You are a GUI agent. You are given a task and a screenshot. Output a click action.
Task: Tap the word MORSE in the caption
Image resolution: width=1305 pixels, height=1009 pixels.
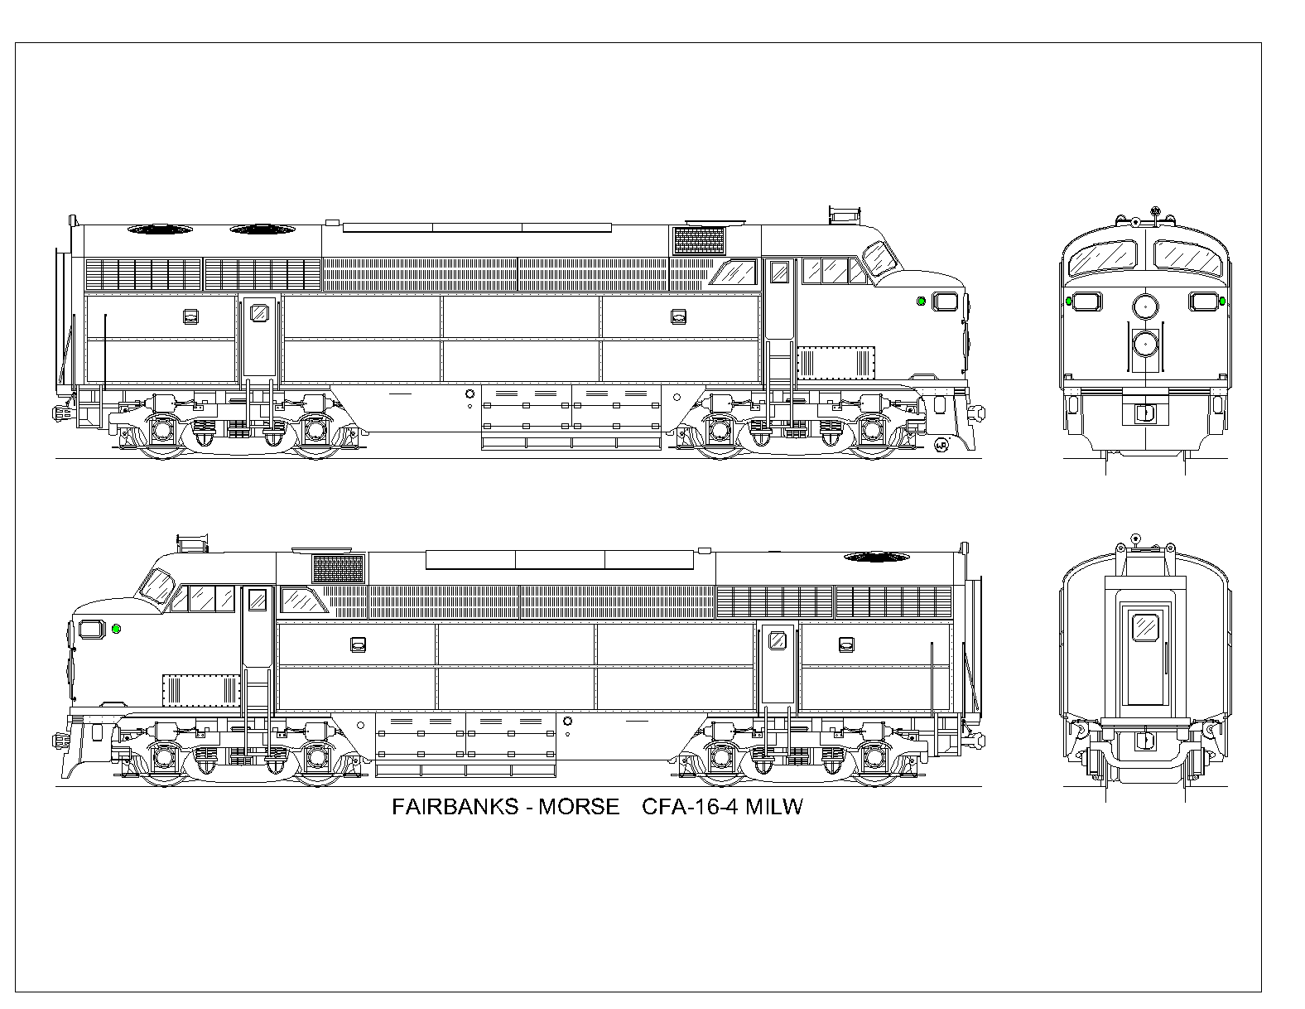tap(578, 806)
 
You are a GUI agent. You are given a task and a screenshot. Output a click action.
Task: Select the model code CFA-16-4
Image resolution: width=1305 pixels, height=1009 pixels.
tap(690, 806)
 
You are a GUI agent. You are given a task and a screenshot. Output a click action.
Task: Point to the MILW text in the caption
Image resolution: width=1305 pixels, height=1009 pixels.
tap(773, 806)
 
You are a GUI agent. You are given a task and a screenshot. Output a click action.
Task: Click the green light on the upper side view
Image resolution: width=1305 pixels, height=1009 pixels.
tap(921, 301)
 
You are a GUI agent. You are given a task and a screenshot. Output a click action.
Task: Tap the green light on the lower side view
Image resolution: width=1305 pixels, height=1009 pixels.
tap(117, 629)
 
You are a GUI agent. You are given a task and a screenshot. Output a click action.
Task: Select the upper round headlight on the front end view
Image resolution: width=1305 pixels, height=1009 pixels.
tap(1146, 307)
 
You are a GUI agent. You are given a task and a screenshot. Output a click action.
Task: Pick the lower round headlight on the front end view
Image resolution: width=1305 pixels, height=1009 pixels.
tap(1146, 344)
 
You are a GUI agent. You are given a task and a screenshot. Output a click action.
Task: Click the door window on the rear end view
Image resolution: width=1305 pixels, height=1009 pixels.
tap(1145, 627)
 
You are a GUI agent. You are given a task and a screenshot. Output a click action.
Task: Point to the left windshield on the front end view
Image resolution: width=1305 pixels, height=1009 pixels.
tap(1103, 258)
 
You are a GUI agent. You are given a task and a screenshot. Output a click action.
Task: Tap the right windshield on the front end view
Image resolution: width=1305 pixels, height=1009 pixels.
tap(1188, 258)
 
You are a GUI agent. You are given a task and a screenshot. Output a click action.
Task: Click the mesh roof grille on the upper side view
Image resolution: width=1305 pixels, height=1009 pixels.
tap(699, 240)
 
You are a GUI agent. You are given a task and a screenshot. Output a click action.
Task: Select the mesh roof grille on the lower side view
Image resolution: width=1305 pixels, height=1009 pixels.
tap(338, 568)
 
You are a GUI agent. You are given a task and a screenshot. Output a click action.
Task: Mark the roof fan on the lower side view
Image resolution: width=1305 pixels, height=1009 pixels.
tap(876, 558)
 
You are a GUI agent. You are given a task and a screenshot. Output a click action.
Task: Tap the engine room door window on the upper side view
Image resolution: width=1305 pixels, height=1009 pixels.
tap(259, 313)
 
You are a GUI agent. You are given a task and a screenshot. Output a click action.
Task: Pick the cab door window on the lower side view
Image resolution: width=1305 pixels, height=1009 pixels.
tap(258, 600)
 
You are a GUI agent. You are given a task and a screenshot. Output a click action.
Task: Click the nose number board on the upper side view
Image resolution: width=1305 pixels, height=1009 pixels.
tap(945, 302)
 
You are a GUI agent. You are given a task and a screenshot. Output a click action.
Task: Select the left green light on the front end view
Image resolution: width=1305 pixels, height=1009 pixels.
tap(1069, 301)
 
